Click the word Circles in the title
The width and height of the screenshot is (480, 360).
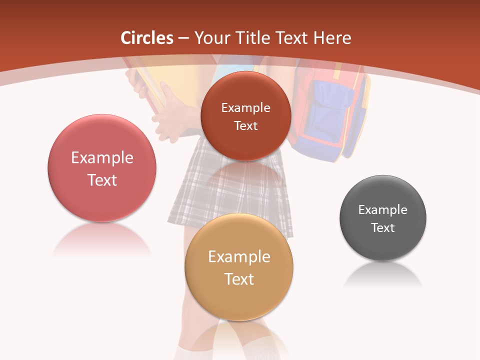147,38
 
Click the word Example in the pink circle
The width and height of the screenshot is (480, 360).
102,158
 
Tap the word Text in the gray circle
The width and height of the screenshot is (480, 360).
383,228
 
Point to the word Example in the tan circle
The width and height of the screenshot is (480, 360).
239,257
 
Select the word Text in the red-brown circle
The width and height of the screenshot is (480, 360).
245,126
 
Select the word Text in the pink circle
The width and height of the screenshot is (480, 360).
102,180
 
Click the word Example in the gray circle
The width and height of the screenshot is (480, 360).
383,210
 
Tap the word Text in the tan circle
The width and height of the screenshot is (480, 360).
239,279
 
